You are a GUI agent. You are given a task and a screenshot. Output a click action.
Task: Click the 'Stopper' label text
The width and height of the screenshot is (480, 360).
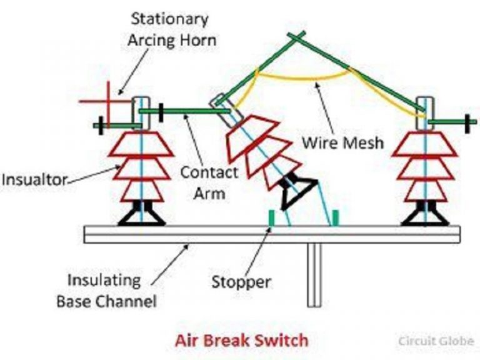tap(241, 282)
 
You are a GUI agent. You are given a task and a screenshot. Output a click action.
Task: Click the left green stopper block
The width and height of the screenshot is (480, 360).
tap(272, 217)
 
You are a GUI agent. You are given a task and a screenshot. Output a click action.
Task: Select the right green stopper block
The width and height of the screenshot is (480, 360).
tap(336, 217)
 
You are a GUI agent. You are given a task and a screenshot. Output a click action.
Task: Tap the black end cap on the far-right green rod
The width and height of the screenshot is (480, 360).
tap(466, 120)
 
